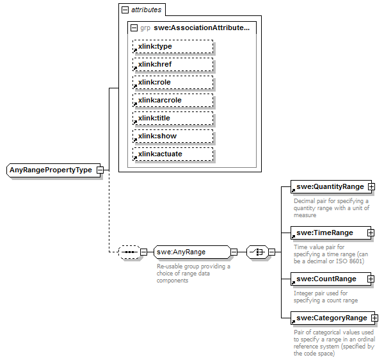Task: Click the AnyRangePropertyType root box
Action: tap(51, 170)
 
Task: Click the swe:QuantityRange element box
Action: tap(328, 186)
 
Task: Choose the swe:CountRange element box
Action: tap(328, 279)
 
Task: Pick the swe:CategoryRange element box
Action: tap(330, 318)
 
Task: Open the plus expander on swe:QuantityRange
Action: tap(371, 186)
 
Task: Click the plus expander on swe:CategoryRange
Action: tap(375, 318)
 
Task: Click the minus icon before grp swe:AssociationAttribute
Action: tap(133, 28)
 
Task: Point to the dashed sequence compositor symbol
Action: tap(130, 252)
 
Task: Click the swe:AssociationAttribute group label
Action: tap(200, 28)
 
